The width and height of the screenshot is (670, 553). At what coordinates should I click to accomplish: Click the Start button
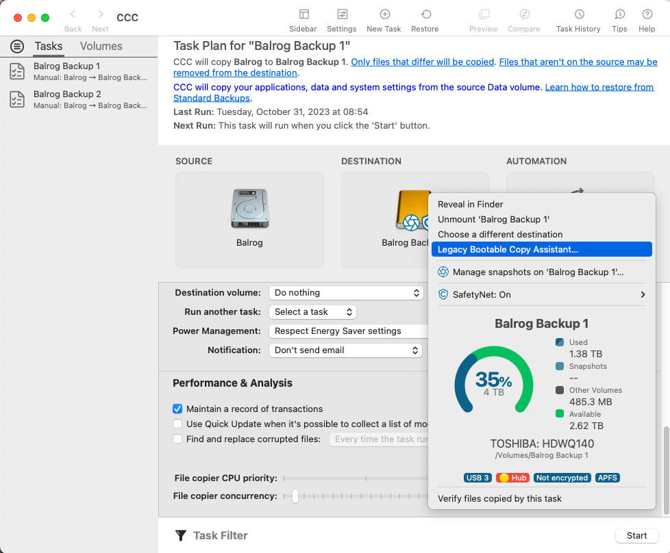click(x=636, y=536)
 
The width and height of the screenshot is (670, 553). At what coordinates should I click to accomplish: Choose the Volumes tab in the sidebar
click(x=101, y=47)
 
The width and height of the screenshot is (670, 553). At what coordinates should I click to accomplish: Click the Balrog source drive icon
click(x=249, y=209)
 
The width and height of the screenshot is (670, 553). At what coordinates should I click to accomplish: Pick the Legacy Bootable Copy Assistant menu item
click(x=508, y=250)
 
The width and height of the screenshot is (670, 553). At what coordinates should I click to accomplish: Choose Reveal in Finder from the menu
click(x=471, y=204)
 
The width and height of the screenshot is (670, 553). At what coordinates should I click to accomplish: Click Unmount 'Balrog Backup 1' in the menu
click(x=493, y=219)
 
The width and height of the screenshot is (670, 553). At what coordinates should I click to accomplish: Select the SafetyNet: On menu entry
click(x=482, y=294)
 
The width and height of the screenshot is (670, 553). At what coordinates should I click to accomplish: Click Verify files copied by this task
click(x=499, y=498)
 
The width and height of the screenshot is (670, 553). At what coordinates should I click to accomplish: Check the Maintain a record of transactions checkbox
click(x=177, y=409)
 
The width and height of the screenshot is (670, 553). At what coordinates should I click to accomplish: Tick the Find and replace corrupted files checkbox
click(x=177, y=439)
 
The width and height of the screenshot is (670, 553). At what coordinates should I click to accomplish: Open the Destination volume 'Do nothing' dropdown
click(x=346, y=293)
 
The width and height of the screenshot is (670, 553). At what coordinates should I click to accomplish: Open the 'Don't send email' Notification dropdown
click(x=346, y=350)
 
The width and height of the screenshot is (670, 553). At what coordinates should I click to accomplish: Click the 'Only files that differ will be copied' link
click(x=423, y=62)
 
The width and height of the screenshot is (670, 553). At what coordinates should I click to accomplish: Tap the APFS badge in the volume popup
click(x=607, y=478)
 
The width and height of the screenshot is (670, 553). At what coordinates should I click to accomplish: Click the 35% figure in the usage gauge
click(x=493, y=380)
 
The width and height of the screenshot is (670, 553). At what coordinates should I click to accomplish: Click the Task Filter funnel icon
click(x=181, y=536)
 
